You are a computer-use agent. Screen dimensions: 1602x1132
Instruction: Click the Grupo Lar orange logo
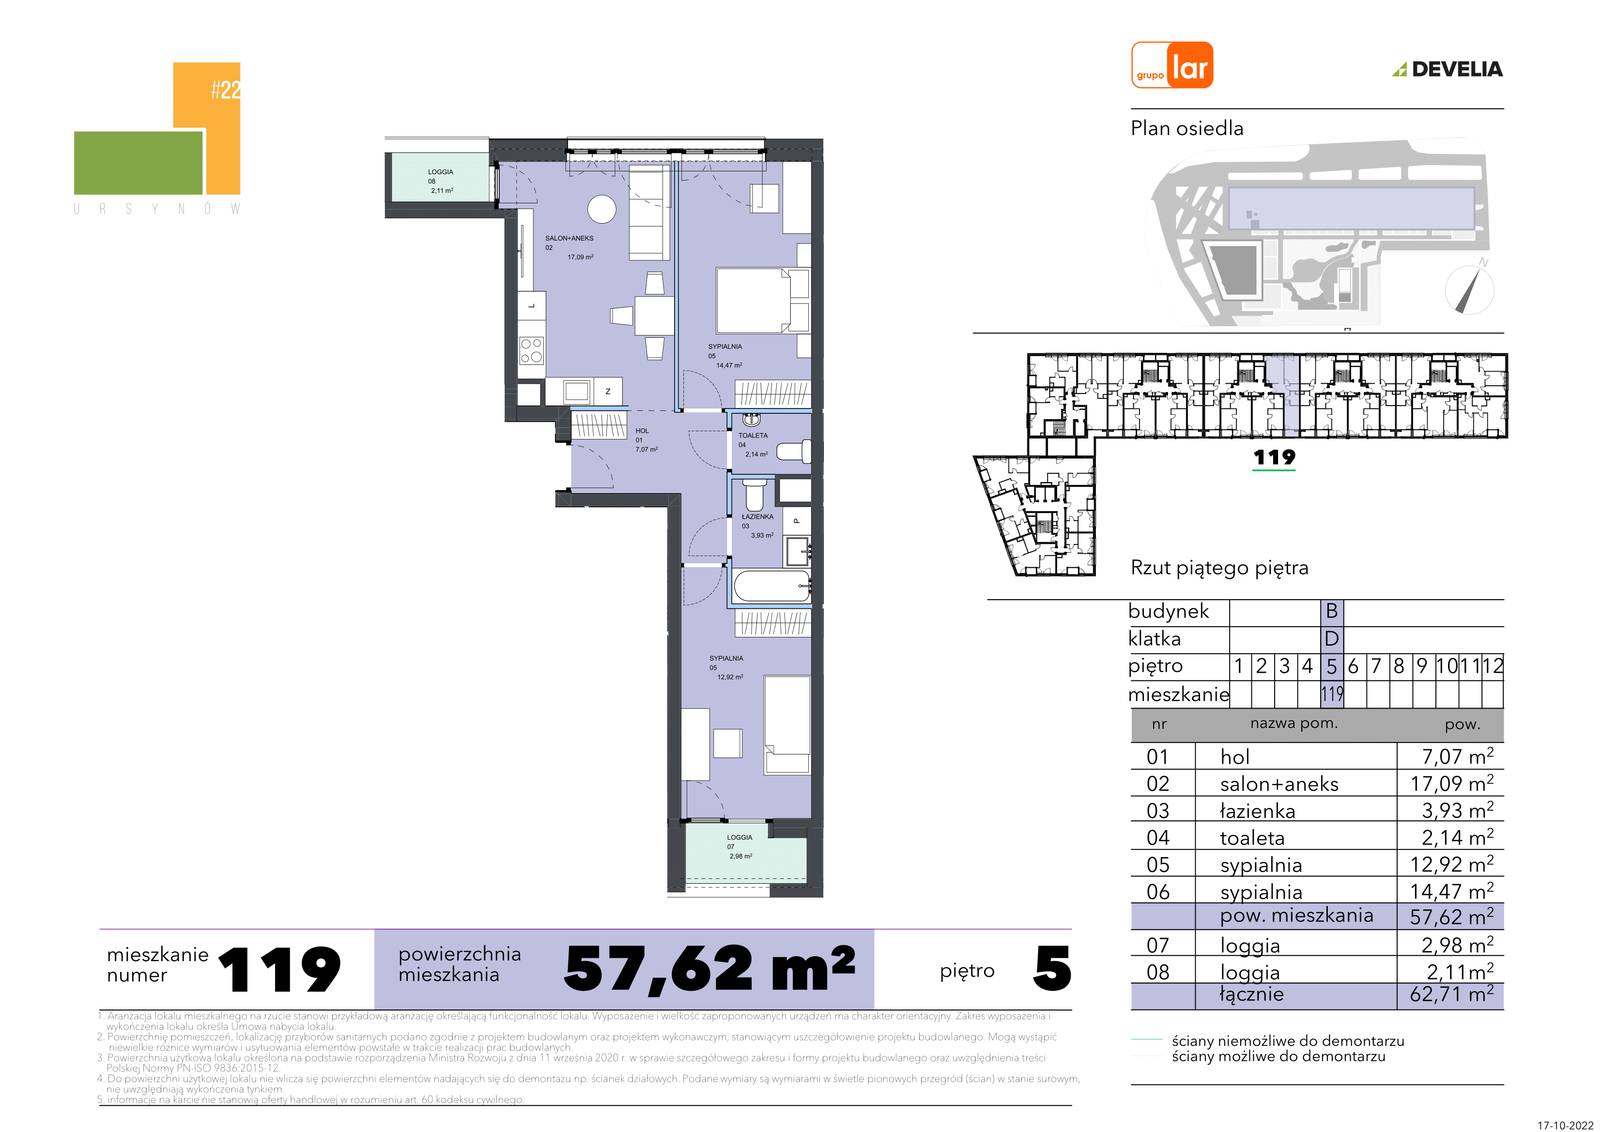pyautogui.click(x=1171, y=65)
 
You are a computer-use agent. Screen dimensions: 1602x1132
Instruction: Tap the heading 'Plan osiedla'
pyautogui.click(x=1187, y=128)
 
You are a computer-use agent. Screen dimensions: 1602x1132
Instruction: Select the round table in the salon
pyautogui.click(x=601, y=209)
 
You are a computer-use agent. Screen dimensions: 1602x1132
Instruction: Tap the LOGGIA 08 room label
pyautogui.click(x=440, y=181)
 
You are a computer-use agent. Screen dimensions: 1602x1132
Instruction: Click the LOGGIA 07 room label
pyautogui.click(x=739, y=847)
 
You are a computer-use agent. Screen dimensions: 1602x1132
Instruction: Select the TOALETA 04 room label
pyautogui.click(x=753, y=444)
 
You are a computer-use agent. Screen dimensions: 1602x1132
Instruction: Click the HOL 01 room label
pyautogui.click(x=646, y=440)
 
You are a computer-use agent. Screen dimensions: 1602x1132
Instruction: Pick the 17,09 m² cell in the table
pyautogui.click(x=1451, y=783)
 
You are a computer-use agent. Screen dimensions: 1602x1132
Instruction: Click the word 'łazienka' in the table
pyautogui.click(x=1257, y=811)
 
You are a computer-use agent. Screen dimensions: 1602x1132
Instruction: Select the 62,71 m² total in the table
pyautogui.click(x=1451, y=994)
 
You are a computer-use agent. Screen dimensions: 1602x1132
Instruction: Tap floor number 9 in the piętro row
pyautogui.click(x=1421, y=666)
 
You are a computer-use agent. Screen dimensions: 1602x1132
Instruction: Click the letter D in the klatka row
pyautogui.click(x=1331, y=639)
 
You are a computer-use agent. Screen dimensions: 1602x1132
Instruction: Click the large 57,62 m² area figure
pyautogui.click(x=709, y=969)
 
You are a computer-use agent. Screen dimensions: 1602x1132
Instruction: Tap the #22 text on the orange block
pyautogui.click(x=225, y=89)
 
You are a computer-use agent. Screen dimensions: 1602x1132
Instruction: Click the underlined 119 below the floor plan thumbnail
pyautogui.click(x=1274, y=457)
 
